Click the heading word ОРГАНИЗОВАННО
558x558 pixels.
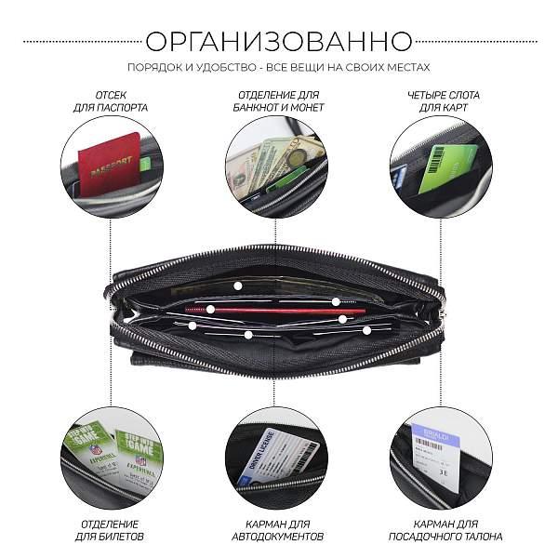[279, 42]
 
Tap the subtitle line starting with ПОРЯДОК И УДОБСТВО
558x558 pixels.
[279, 68]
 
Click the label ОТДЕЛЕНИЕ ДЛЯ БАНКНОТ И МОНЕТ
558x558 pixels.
[278, 101]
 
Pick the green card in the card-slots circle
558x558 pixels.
[446, 168]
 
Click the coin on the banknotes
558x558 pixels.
[297, 157]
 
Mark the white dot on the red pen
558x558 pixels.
[211, 310]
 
